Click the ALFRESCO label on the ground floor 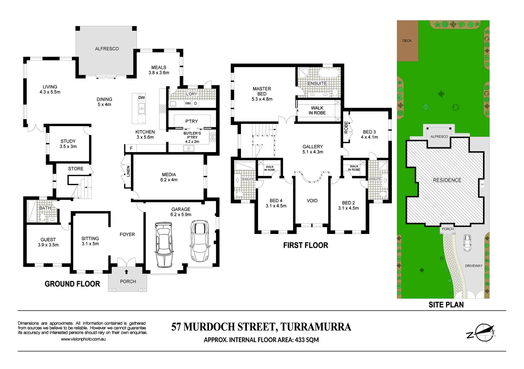pos(107,49)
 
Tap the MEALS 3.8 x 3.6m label pos(159,70)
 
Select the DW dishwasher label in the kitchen pos(142,98)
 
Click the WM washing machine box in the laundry pos(188,103)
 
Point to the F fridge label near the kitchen pos(131,148)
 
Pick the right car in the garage pos(199,241)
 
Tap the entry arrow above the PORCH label pos(127,272)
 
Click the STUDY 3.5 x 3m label pos(68,144)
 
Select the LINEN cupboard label pos(128,171)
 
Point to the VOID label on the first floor pos(312,201)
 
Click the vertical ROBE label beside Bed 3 pos(346,127)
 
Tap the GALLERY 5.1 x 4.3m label pos(313,149)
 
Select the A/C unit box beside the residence pos(482,184)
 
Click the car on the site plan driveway pos(467,243)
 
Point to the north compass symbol pos(482,332)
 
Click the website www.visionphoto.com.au pos(83,339)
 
